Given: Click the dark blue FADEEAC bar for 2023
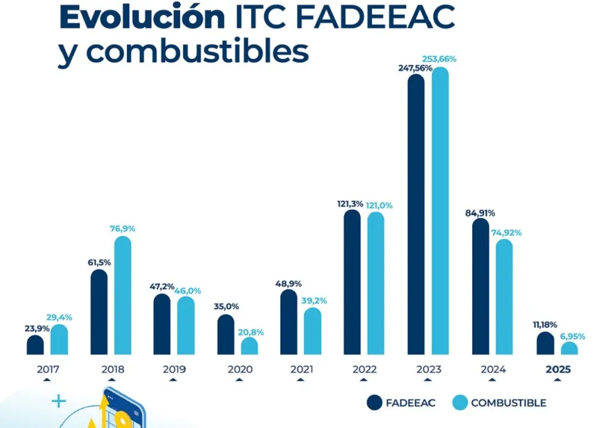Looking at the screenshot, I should [x=416, y=214].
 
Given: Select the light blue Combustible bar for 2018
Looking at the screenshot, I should [x=123, y=295].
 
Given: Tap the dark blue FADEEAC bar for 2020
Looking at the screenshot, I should [x=226, y=334].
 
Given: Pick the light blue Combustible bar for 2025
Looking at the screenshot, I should [x=569, y=348].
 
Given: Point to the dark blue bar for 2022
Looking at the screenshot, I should [x=352, y=282].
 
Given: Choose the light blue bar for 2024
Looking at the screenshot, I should [x=504, y=297].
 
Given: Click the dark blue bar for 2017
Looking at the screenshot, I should [x=35, y=345].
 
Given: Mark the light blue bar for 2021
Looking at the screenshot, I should [x=313, y=331].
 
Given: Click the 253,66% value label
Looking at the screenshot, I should [x=439, y=59].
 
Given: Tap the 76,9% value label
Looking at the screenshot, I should [x=122, y=229].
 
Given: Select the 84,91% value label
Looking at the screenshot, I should [x=480, y=213].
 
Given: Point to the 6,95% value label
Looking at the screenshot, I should [x=571, y=336].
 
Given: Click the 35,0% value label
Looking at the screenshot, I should [x=226, y=307].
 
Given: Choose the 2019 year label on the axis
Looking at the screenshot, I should [x=174, y=369].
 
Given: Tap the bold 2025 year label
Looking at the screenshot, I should [x=558, y=369].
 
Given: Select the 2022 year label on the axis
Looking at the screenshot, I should [x=365, y=369].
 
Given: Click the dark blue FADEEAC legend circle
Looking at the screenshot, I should [x=374, y=403].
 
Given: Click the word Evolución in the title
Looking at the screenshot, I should [x=141, y=17].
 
